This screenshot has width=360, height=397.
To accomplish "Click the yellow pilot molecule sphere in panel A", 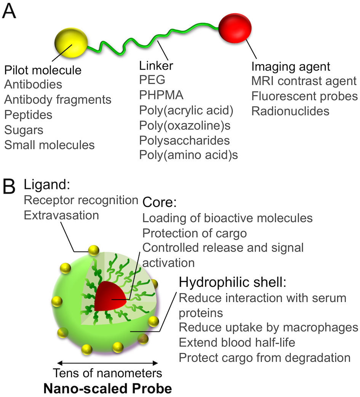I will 71,43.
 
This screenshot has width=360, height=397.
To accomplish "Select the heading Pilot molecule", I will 43,70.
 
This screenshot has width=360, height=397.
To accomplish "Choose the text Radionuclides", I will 290,111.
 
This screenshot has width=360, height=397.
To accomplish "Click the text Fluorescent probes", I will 304,96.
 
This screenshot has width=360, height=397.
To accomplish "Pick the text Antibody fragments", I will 58,99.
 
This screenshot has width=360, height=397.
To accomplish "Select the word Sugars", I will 24,130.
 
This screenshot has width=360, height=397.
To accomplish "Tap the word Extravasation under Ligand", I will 61,215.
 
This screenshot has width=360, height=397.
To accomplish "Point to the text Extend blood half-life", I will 237,342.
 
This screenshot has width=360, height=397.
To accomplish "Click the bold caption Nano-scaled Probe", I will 107,389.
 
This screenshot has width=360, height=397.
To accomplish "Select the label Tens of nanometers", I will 107,372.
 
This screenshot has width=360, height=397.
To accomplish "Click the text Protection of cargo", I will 195,233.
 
